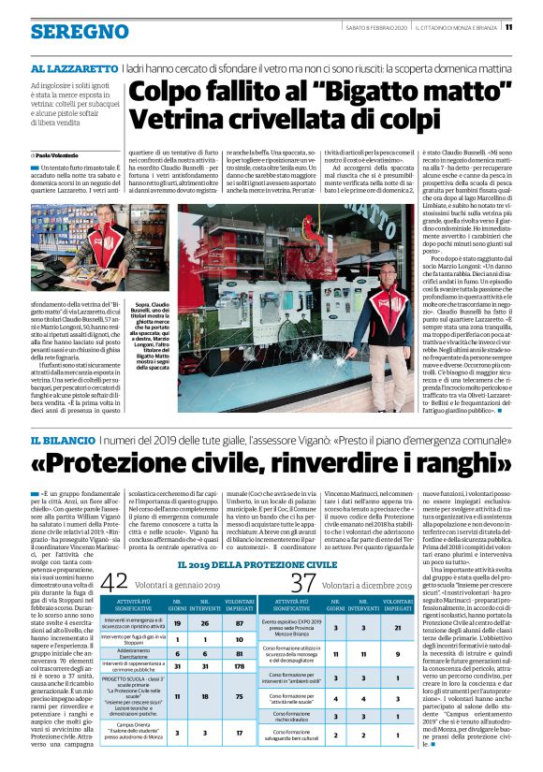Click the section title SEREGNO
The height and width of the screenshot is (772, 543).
[x=66, y=32]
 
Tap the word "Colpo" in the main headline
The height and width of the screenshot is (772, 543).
[x=166, y=94]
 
